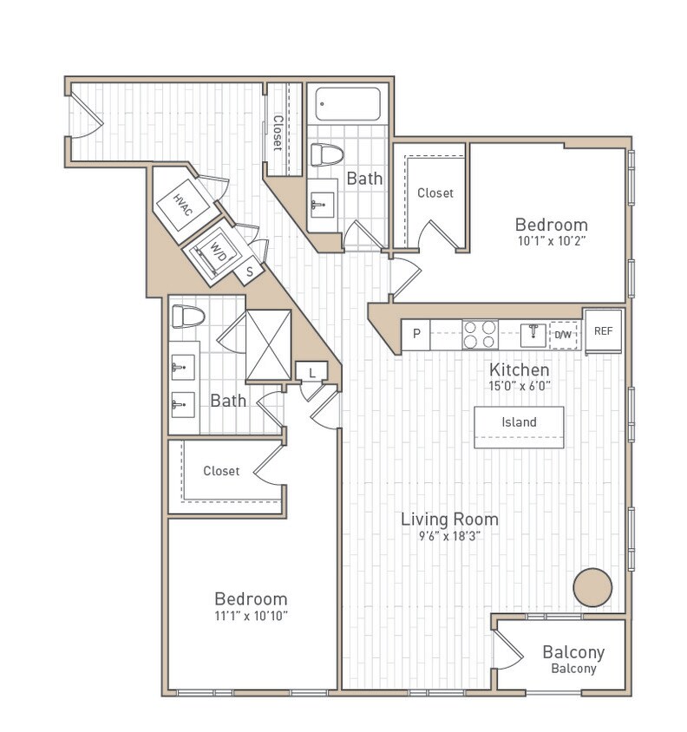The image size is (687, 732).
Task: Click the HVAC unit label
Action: (182, 205)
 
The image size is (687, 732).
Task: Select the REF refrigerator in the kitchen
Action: (603, 331)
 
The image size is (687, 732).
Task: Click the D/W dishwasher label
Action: (564, 335)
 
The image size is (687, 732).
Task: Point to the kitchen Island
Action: (519, 423)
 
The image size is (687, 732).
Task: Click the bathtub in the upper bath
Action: (347, 105)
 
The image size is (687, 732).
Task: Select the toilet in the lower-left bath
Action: (187, 317)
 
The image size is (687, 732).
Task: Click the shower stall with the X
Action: (268, 345)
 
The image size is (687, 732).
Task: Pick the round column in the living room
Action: (592, 587)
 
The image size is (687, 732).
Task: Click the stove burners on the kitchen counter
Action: (480, 335)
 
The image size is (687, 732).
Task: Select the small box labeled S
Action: (250, 271)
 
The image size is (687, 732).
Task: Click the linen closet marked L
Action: (311, 372)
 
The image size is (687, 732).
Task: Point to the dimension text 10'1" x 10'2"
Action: (552, 242)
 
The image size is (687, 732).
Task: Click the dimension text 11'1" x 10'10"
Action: (251, 616)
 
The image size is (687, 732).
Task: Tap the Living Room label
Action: (449, 520)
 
